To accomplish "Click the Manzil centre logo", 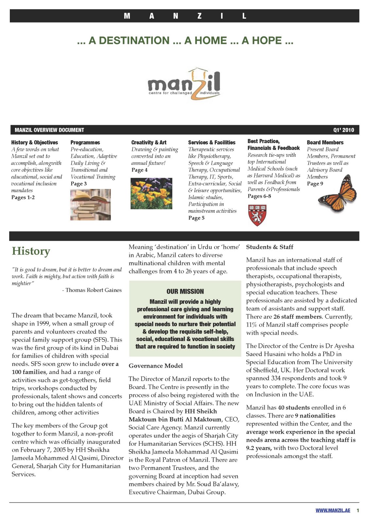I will (184, 84).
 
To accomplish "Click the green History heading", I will (31, 251).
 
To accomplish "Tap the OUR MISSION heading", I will (185, 291).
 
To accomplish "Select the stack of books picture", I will (91, 205).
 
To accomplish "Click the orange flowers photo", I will (151, 194).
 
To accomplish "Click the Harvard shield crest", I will (257, 215).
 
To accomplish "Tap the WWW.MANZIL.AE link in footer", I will (333, 511).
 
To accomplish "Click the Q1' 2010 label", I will (344, 130).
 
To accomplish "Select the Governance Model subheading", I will (156, 366).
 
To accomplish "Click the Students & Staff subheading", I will (270, 247).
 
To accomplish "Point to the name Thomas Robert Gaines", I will (93, 290).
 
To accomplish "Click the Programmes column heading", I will (85, 142).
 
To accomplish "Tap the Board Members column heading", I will (325, 142).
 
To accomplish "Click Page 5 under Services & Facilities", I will (196, 218).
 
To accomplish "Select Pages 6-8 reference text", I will (259, 196).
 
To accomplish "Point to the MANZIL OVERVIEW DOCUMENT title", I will (49, 130).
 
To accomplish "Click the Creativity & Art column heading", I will (149, 142).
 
